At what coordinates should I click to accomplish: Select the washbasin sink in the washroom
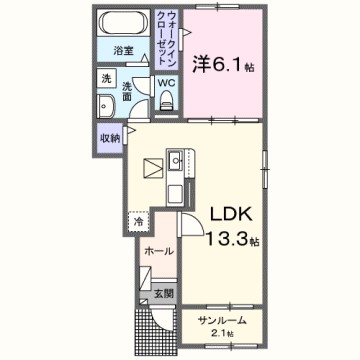104,106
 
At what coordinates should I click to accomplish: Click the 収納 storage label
109,139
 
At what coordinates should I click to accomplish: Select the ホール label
159,251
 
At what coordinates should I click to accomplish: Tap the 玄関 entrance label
162,294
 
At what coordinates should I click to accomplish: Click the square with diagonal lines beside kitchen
151,166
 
